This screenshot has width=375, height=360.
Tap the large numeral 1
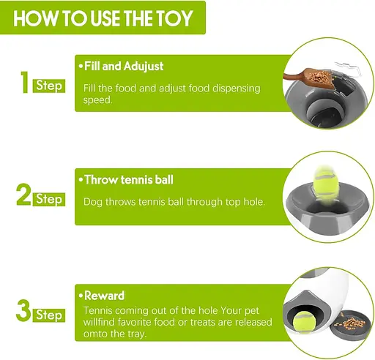(x=24, y=82)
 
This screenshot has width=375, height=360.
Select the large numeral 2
(x=23, y=195)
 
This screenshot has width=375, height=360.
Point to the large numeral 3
(x=23, y=310)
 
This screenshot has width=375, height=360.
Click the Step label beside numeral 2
(x=49, y=199)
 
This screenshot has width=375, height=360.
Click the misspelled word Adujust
(x=144, y=67)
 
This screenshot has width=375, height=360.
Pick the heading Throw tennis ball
(x=129, y=180)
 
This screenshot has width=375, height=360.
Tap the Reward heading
(x=104, y=296)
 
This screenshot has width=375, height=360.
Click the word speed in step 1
(x=97, y=100)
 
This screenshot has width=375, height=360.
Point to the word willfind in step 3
(x=99, y=322)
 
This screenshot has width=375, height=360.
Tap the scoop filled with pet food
(x=309, y=77)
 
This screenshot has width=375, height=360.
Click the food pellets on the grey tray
(x=350, y=323)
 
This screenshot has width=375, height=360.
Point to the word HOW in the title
(x=36, y=18)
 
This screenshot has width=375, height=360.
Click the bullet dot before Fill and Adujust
(x=81, y=67)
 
